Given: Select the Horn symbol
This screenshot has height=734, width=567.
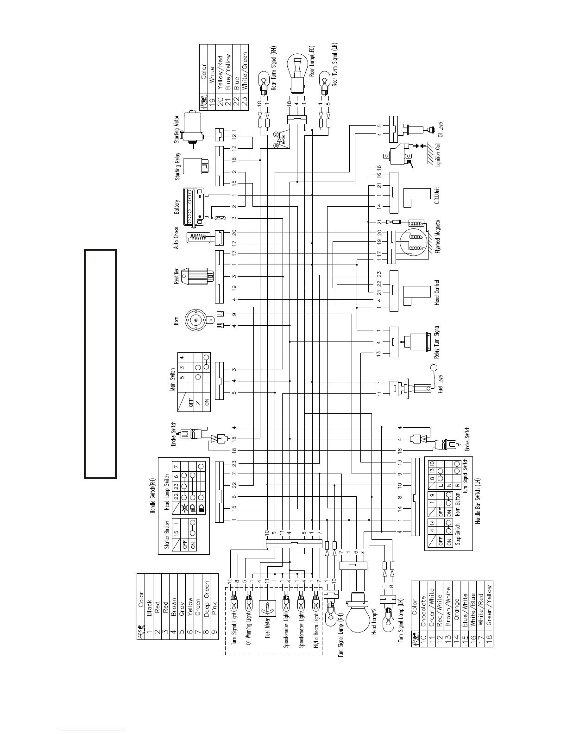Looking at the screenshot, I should (196, 320).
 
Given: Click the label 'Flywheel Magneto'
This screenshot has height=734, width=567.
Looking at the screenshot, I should (438, 236).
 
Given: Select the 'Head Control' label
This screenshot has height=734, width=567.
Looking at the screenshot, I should (437, 292).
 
